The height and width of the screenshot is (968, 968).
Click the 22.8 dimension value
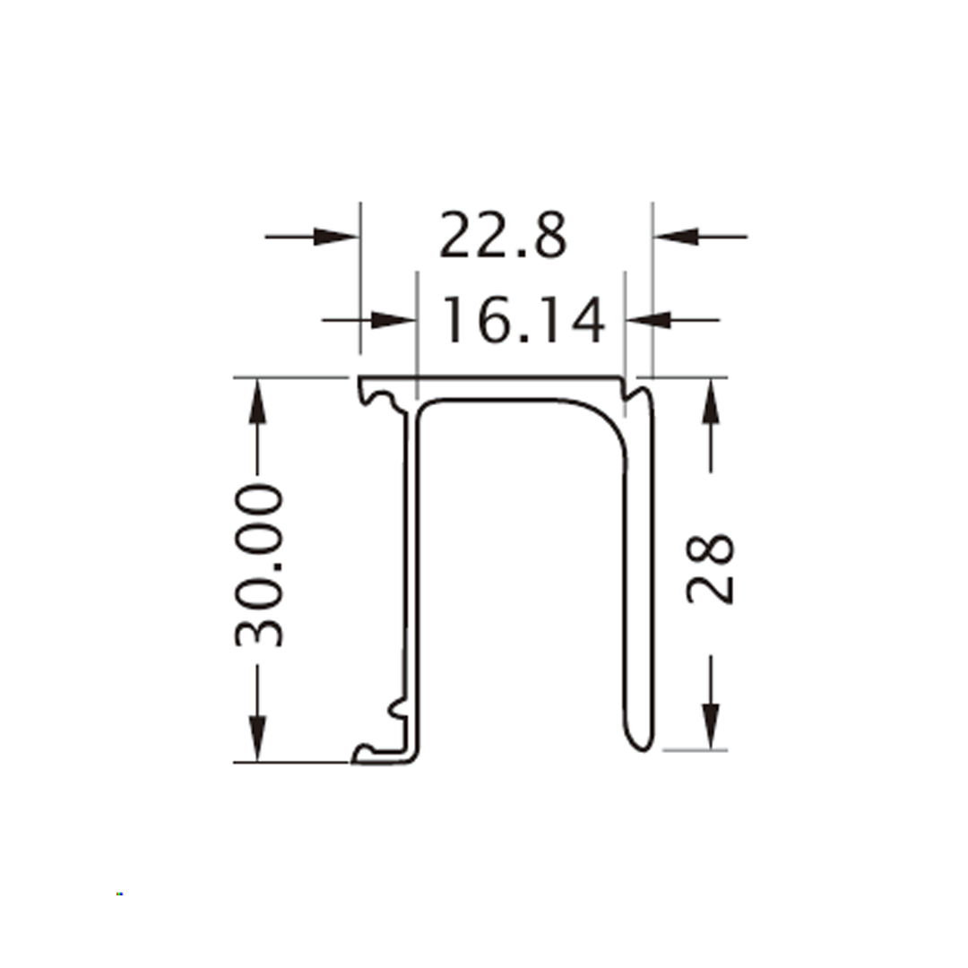click(x=503, y=235)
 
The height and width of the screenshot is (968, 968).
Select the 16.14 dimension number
click(x=523, y=320)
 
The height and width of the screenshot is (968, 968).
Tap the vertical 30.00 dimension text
click(x=259, y=566)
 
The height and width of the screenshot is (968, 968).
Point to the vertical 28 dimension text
click(x=710, y=568)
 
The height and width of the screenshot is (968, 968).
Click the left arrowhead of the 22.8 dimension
click(x=336, y=237)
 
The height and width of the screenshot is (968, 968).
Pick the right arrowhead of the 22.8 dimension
click(x=676, y=237)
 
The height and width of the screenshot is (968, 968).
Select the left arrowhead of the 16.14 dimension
click(x=393, y=320)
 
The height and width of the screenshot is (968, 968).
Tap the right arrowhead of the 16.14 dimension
click(x=648, y=320)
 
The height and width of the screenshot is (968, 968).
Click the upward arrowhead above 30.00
click(x=257, y=402)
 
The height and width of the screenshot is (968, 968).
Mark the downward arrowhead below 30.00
click(x=257, y=739)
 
